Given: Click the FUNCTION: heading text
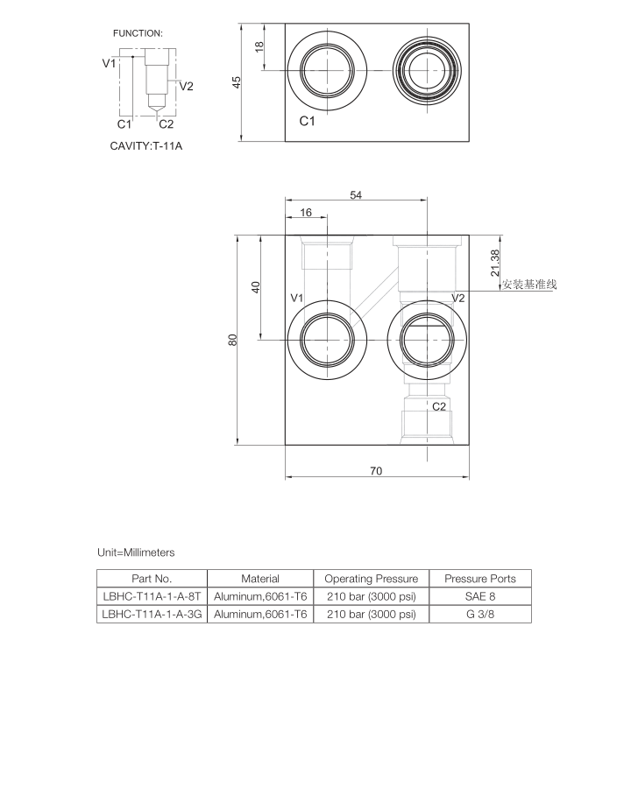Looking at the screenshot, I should tap(138, 32).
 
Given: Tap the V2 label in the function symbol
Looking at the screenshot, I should tap(186, 86).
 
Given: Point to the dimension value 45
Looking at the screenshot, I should tap(237, 81).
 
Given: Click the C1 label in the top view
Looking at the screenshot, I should tap(307, 122).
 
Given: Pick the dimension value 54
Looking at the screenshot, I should tap(356, 195).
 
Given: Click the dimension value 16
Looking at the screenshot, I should tap(306, 213).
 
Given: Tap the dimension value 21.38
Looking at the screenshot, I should tap(495, 263).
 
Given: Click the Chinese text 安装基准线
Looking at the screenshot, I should tap(529, 285).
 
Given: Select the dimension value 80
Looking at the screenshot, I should tap(233, 340).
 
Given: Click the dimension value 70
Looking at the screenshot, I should tap(376, 471).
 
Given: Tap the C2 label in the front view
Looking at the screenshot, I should tap(439, 406).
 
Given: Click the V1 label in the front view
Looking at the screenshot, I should tap(296, 299).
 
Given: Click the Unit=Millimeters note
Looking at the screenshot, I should tap(136, 552).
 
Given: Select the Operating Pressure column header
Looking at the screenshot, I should tap(372, 579).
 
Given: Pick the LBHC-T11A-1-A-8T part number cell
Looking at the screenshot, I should tap(152, 596).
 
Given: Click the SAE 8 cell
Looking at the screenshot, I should tap(480, 596).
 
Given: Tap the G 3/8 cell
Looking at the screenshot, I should tap(480, 615).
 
